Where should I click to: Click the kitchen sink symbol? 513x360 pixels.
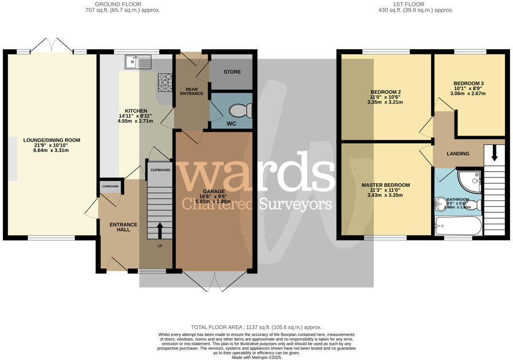[137, 61]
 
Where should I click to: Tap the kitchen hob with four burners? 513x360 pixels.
[165, 82]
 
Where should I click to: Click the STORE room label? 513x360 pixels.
[232, 72]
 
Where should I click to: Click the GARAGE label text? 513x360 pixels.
[214, 191]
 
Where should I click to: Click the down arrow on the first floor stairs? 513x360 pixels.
[495, 155]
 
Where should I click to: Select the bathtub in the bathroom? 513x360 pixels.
[459, 226]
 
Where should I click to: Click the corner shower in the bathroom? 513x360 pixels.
[471, 180]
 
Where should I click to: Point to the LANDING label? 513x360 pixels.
[457, 153]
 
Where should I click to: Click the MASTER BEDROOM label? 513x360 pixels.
[385, 185]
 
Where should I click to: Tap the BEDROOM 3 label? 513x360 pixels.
[468, 83]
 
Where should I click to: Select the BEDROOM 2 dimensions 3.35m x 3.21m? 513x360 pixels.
[385, 102]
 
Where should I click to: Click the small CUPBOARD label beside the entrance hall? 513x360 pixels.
[110, 187]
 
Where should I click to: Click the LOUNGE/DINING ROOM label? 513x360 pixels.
[52, 140]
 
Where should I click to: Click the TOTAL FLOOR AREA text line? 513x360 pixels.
[256, 327]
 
